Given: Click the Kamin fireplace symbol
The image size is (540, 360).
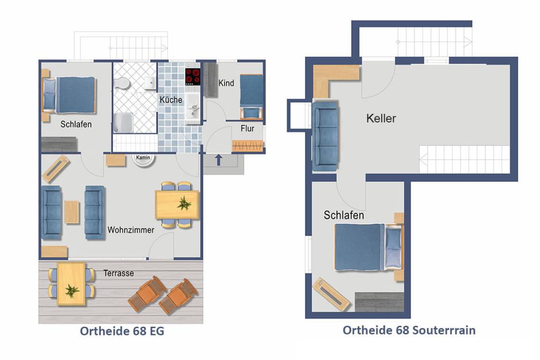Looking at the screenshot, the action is pyautogui.click(x=143, y=159).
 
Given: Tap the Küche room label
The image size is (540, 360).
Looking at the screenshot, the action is pyautogui.click(x=171, y=100).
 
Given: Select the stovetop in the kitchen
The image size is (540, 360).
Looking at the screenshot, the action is pyautogui.click(x=193, y=77).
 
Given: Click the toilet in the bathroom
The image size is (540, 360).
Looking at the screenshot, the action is pyautogui.click(x=122, y=83).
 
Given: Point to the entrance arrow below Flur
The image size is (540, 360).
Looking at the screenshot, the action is pyautogui.click(x=218, y=160).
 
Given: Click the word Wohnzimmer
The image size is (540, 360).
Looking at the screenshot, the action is pyautogui.click(x=131, y=230).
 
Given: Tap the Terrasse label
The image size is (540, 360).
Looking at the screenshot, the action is pyautogui.click(x=119, y=273).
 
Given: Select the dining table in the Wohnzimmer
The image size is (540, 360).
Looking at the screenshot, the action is pyautogui.click(x=177, y=205).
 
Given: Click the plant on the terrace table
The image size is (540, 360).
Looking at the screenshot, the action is pyautogui.click(x=72, y=291).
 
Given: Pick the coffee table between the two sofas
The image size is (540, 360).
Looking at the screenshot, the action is pyautogui.click(x=72, y=212).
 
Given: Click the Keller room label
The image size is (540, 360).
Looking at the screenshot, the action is pyautogui.click(x=381, y=119).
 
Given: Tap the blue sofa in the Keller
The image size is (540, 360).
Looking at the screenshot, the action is pyautogui.click(x=325, y=136).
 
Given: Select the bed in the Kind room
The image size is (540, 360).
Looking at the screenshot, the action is pyautogui.click(x=251, y=97).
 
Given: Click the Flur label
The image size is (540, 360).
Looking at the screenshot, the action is pyautogui.click(x=247, y=128).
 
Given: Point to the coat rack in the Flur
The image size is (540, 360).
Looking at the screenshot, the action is pyautogui.click(x=247, y=146).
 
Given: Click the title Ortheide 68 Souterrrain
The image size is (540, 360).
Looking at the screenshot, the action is pyautogui.click(x=409, y=330).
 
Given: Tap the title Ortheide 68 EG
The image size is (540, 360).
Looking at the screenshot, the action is pyautogui.click(x=122, y=331).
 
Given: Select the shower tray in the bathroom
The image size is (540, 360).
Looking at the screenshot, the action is pyautogui.click(x=123, y=123).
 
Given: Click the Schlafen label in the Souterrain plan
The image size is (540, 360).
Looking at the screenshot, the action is pyautogui.click(x=344, y=215).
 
